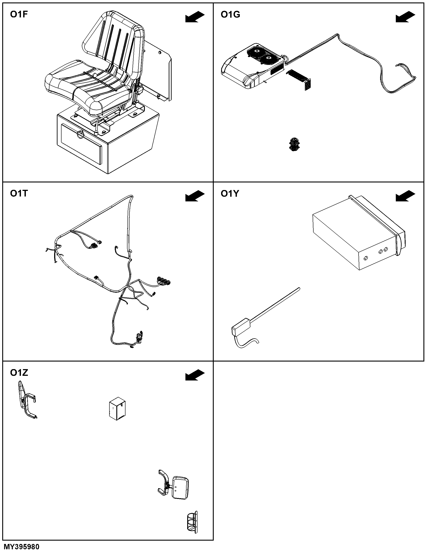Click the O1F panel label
(19, 14)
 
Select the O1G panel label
(230, 14)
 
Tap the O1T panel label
(19, 194)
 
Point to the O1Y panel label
(230, 194)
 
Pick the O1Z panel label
(19, 373)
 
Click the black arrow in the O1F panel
(195, 17)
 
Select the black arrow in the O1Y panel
(405, 196)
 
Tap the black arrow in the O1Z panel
(195, 375)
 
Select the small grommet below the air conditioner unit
(294, 144)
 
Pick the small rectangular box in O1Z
(117, 410)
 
